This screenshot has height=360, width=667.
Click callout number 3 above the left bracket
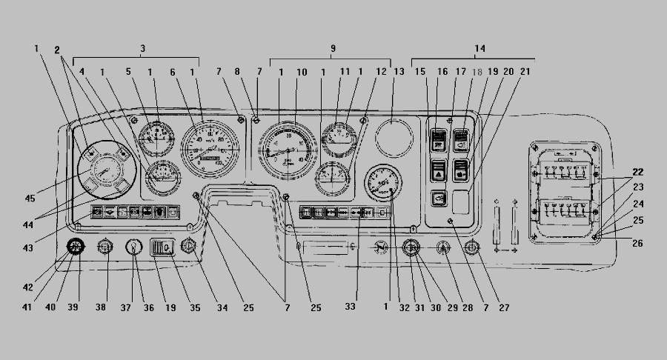(x=142, y=48)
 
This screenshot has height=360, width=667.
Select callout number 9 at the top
(x=333, y=48)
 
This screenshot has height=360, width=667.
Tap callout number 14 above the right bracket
(x=480, y=48)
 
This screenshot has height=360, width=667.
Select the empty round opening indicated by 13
(x=394, y=138)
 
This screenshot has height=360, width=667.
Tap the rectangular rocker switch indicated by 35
(x=162, y=247)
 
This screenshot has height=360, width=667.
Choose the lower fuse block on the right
(x=565, y=216)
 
